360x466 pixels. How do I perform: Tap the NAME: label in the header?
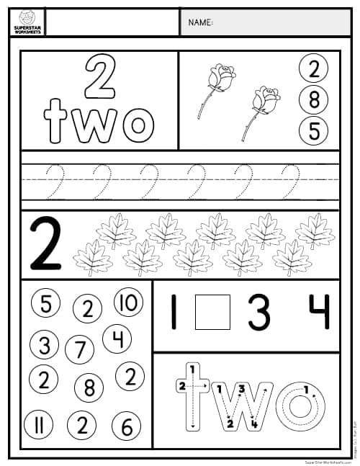pyautogui.click(x=200, y=23)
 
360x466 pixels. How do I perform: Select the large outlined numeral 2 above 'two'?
pyautogui.click(x=100, y=77)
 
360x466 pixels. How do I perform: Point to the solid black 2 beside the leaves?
pyautogui.click(x=45, y=244)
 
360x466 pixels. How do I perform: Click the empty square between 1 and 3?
pyautogui.click(x=212, y=312)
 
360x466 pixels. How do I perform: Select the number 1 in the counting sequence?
pyautogui.click(x=173, y=312)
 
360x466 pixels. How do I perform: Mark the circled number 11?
pyautogui.click(x=40, y=426)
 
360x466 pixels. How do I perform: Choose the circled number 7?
pyautogui.click(x=79, y=351)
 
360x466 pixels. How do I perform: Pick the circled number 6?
pyautogui.click(x=127, y=427)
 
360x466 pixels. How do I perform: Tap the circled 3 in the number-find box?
pyautogui.click(x=45, y=345)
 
